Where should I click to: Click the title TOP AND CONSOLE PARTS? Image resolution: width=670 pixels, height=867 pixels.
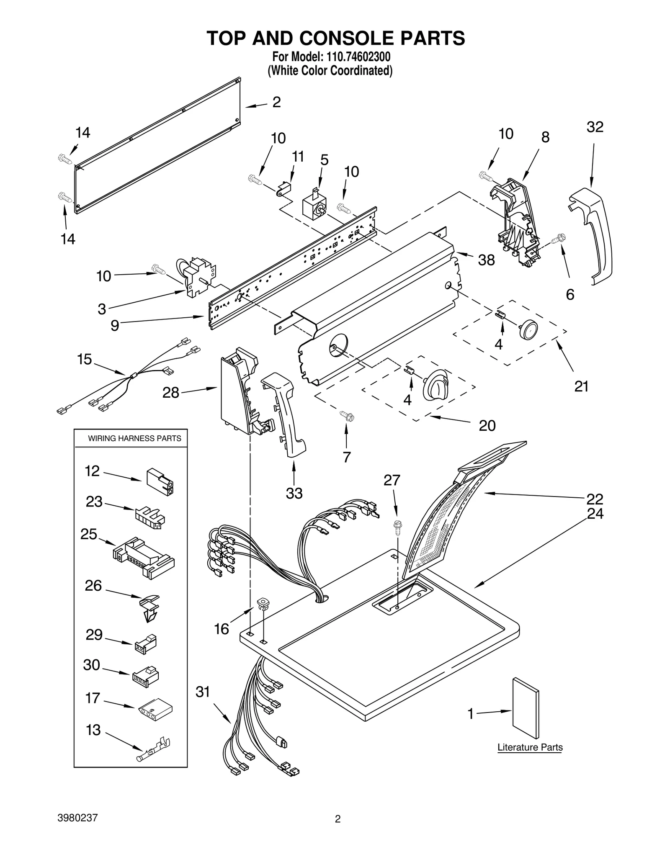pyautogui.click(x=335, y=38)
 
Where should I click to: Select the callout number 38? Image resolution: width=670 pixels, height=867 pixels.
pyautogui.click(x=486, y=260)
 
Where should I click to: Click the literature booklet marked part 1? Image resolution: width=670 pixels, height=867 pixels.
pyautogui.click(x=526, y=708)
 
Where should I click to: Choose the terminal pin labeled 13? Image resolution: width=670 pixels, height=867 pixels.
pyautogui.click(x=153, y=754)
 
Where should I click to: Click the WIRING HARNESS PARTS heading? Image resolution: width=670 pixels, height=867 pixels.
pyautogui.click(x=134, y=438)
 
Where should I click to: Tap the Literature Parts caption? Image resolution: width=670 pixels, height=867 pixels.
pyautogui.click(x=530, y=747)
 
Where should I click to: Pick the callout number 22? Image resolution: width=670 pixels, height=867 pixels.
pyautogui.click(x=594, y=499)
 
